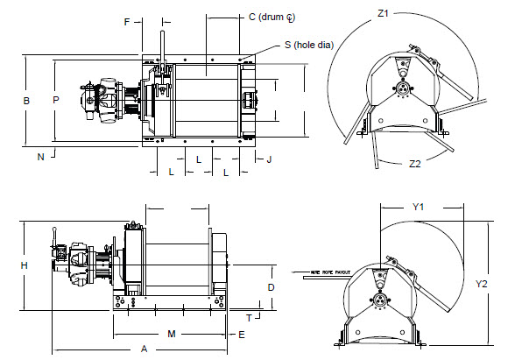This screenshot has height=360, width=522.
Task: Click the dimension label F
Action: tap(128, 20)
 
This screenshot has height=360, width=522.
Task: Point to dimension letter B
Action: tap(26, 102)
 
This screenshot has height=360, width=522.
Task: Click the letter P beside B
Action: tap(55, 102)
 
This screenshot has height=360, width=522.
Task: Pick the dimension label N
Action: tap(40, 157)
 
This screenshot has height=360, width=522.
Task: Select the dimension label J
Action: tap(270, 159)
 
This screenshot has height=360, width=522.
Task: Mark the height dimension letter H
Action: tap(25, 265)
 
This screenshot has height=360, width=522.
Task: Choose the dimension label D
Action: tap(272, 287)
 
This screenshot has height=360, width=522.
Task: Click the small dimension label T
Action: tap(250, 317)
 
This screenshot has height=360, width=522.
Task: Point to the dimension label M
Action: tap(172, 335)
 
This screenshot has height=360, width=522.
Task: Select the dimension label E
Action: tap(241, 335)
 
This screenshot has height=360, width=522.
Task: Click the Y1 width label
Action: tap(418, 208)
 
